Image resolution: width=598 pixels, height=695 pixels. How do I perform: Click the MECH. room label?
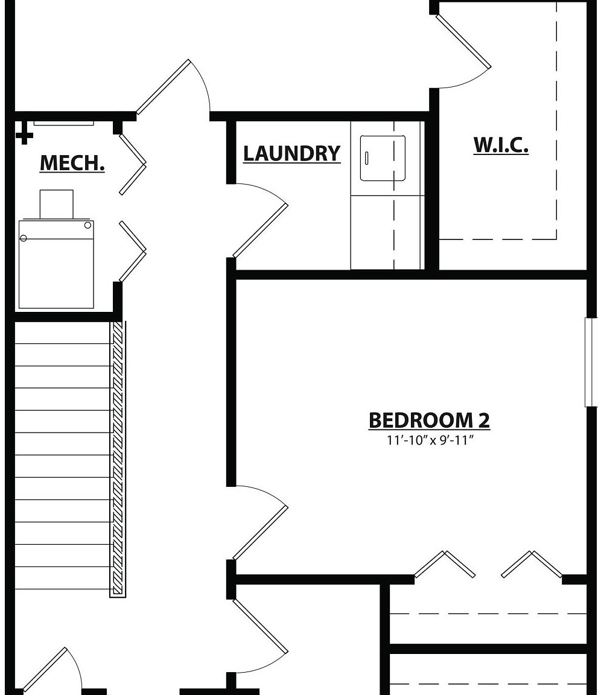click(x=72, y=163)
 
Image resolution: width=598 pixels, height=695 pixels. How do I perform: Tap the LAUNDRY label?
click(x=291, y=153)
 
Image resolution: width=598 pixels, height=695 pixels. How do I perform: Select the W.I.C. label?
click(x=501, y=145)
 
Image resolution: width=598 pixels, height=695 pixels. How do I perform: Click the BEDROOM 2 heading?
click(x=429, y=420)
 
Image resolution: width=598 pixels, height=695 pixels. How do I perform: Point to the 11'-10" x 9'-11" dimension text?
click(x=429, y=440)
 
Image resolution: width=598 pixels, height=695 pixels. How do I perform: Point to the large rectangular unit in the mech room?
click(x=56, y=264)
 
